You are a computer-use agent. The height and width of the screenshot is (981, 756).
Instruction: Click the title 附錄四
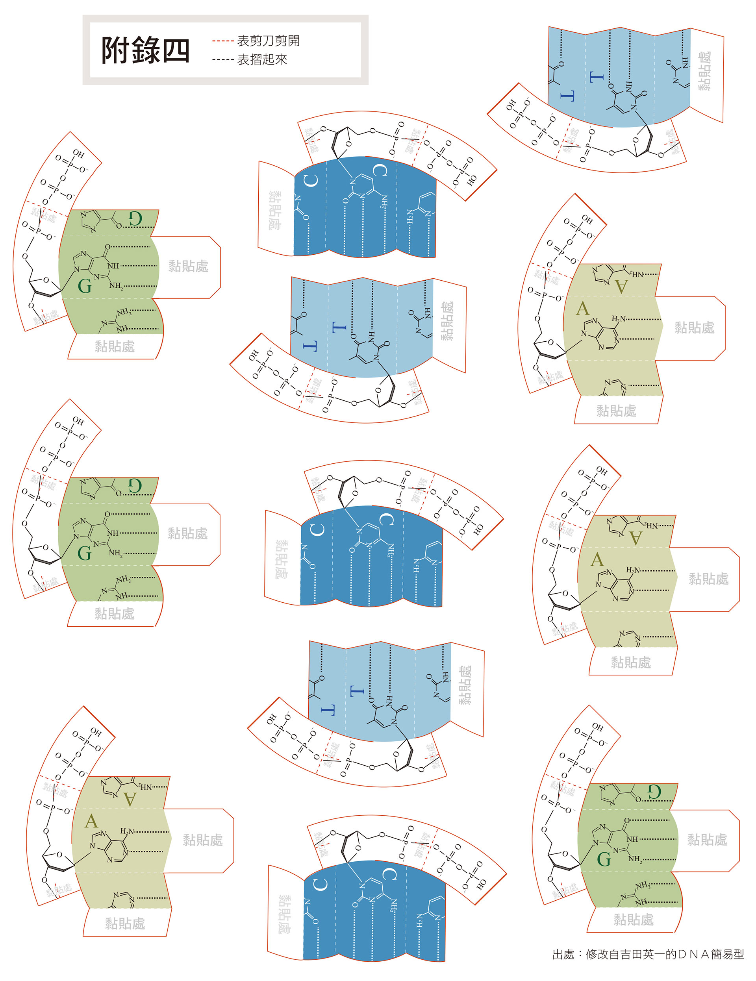145,50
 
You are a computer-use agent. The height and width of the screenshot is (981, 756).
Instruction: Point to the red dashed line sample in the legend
222,41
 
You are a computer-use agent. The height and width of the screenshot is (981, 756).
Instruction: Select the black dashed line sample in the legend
222,60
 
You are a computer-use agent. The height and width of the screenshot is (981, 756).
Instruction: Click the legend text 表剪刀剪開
268,41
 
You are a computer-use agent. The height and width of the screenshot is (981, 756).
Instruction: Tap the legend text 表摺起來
262,60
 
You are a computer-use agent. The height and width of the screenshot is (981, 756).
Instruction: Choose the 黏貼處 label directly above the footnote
634,920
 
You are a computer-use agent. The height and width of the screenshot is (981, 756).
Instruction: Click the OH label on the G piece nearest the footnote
597,726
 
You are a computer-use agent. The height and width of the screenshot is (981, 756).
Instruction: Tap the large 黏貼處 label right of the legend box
704,71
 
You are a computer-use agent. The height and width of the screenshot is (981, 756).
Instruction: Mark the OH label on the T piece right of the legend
511,106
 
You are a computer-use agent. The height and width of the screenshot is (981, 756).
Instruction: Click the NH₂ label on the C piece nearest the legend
384,201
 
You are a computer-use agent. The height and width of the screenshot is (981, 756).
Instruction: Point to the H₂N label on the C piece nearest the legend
409,217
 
